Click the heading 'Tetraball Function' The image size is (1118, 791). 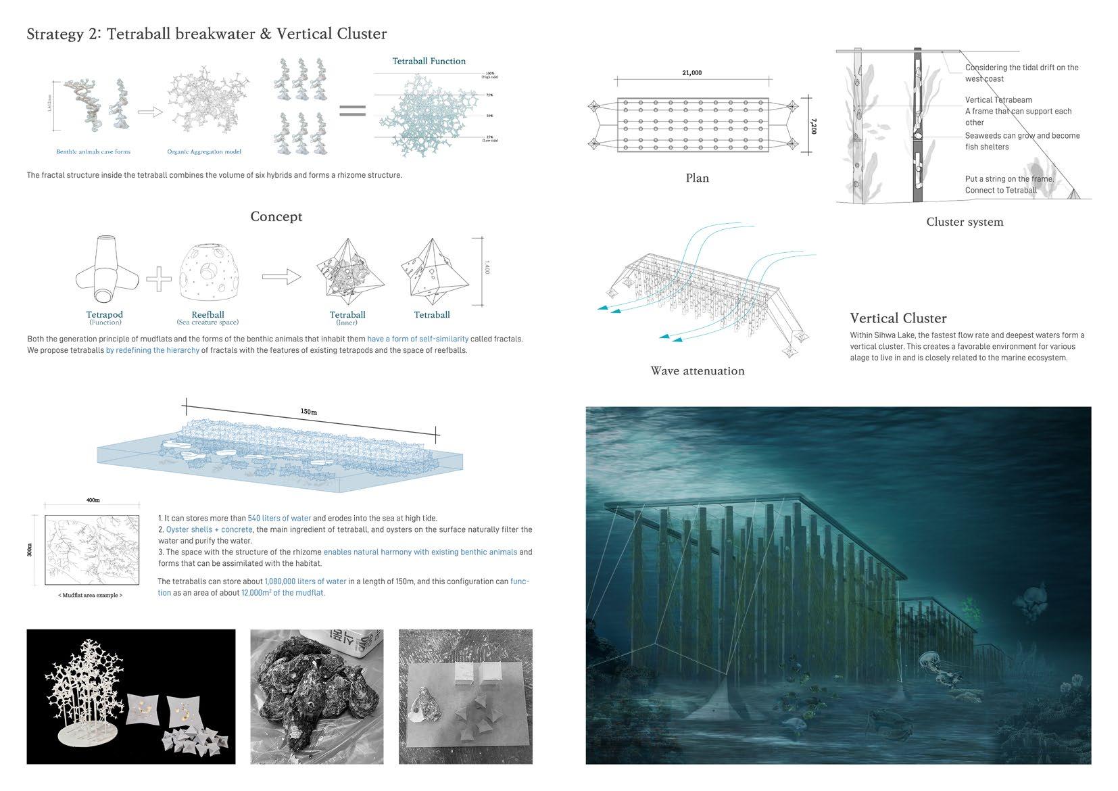point(429,61)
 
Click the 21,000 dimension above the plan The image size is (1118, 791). point(692,73)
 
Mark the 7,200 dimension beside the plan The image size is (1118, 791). point(813,126)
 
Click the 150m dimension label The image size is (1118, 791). point(309,411)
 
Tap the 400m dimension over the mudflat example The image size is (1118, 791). point(93,500)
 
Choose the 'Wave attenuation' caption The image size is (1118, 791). point(697,370)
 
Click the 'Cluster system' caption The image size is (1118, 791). point(965,222)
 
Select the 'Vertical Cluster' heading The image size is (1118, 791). point(898,318)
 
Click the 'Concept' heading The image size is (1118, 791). point(276,216)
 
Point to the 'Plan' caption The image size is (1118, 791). point(697,178)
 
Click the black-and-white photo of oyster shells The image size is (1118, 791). point(316,696)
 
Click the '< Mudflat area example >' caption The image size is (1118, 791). point(91,595)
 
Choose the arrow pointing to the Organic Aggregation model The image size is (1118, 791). point(150,112)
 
